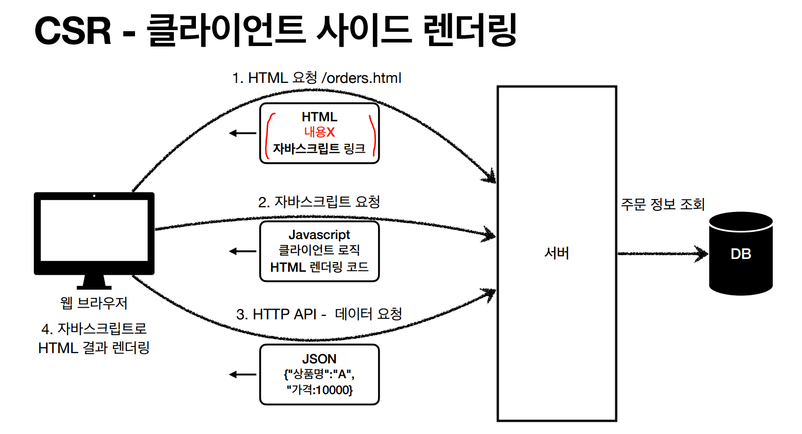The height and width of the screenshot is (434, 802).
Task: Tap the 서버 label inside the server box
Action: (556, 253)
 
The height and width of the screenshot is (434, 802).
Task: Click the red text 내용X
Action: (319, 132)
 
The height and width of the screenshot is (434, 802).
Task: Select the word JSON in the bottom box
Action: (319, 359)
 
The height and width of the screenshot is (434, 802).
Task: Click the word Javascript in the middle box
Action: (319, 235)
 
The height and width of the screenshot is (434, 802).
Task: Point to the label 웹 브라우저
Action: (94, 303)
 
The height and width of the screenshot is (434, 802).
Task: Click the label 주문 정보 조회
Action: (663, 205)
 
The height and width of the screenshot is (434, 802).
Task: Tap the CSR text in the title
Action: (73, 31)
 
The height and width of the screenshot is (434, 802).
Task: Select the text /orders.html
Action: (361, 78)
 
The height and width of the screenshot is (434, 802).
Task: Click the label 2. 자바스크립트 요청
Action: (319, 202)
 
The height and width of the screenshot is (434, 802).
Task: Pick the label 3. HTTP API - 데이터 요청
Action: (319, 314)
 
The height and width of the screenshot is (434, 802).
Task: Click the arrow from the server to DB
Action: (663, 253)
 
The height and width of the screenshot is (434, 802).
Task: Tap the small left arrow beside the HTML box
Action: (242, 134)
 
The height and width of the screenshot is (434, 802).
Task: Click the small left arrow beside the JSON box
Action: (242, 375)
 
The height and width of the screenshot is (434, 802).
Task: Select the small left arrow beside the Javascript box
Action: (242, 251)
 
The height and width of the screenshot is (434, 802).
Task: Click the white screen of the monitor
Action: (94, 230)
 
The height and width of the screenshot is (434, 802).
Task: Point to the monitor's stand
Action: (94, 282)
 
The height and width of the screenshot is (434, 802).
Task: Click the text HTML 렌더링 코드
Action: (319, 267)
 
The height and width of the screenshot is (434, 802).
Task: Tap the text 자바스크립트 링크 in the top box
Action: (319, 149)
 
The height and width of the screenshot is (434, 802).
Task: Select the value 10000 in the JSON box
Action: (332, 390)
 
